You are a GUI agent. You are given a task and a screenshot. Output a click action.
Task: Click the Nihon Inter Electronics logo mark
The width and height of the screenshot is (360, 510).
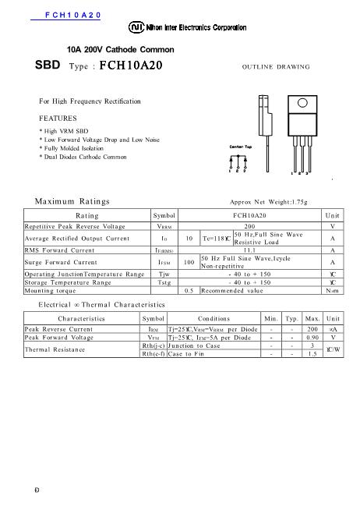pyautogui.click(x=136, y=27)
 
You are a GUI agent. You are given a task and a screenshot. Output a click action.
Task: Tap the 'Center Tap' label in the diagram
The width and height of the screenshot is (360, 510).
pyautogui.click(x=238, y=147)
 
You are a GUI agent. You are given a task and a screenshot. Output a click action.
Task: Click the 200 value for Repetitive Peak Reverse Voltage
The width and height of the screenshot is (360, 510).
pyautogui.click(x=250, y=225)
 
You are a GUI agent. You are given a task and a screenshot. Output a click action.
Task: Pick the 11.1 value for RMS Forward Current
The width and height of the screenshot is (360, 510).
pyautogui.click(x=250, y=250)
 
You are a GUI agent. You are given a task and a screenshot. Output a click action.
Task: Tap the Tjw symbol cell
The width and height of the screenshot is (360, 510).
pyautogui.click(x=164, y=274)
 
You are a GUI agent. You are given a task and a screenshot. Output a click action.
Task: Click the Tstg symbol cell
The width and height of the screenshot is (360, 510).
pyautogui.click(x=164, y=282)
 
